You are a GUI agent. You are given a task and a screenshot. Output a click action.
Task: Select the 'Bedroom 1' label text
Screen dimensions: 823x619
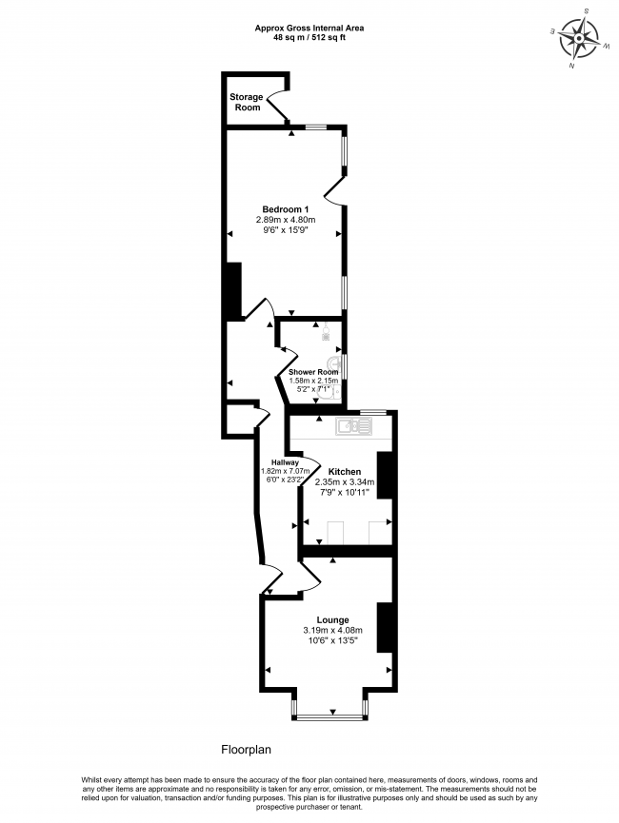[x=286, y=209]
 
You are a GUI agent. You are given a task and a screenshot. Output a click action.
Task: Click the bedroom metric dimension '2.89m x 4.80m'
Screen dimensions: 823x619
[x=286, y=220]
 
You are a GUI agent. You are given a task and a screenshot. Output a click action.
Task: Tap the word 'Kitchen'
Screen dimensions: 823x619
[x=344, y=472]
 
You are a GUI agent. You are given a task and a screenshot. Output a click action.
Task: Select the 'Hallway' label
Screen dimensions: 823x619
[x=285, y=462]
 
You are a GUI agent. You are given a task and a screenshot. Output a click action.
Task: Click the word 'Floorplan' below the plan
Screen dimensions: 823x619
[x=247, y=750]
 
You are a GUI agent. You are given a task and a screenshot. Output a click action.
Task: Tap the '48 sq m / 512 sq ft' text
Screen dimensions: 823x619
[x=309, y=38]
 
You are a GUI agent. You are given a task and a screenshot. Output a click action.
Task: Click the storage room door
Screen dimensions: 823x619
[x=276, y=106]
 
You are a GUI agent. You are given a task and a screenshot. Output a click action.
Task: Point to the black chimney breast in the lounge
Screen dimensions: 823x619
[x=386, y=627]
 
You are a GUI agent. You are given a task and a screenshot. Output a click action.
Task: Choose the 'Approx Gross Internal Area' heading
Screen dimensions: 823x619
[x=309, y=29]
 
